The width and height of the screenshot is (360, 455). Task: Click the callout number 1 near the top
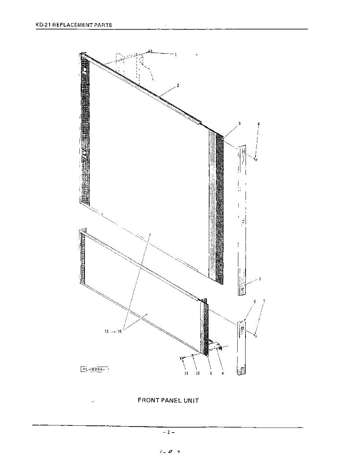176,55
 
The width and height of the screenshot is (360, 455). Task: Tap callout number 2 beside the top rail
178,86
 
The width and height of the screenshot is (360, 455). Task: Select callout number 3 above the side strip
239,124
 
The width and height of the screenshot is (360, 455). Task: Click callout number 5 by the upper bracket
260,279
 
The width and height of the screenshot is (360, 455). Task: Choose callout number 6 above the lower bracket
255,301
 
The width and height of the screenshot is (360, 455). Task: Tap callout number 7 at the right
264,301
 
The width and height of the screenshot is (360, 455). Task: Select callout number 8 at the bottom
222,373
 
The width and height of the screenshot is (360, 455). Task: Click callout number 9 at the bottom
211,373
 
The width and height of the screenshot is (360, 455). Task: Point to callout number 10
197,373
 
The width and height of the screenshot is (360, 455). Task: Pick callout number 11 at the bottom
185,373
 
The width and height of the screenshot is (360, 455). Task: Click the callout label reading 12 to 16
113,331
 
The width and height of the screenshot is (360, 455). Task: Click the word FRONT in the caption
146,400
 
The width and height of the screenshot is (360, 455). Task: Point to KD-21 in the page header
43,25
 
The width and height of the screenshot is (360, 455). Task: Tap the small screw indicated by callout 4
256,160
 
